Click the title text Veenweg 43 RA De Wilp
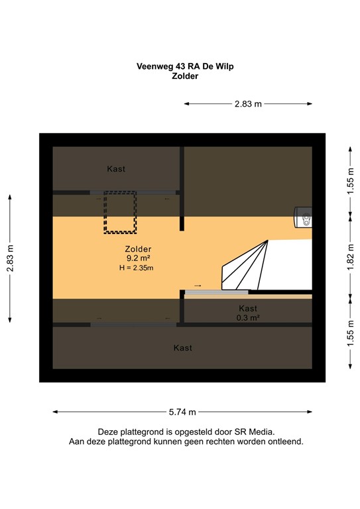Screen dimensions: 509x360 click(x=184, y=66)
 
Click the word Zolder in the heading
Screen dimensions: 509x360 click(x=184, y=76)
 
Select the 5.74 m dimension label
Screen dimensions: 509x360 click(x=182, y=412)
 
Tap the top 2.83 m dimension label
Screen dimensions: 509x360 click(x=247, y=103)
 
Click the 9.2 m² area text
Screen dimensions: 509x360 click(x=139, y=258)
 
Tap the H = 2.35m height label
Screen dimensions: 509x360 click(x=136, y=268)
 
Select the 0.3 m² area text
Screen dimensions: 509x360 click(x=247, y=317)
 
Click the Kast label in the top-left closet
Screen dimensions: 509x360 click(x=116, y=169)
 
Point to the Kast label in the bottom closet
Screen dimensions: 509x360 click(x=182, y=348)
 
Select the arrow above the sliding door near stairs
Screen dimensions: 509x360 click(x=198, y=285)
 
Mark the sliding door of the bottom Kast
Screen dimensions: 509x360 click(x=133, y=324)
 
